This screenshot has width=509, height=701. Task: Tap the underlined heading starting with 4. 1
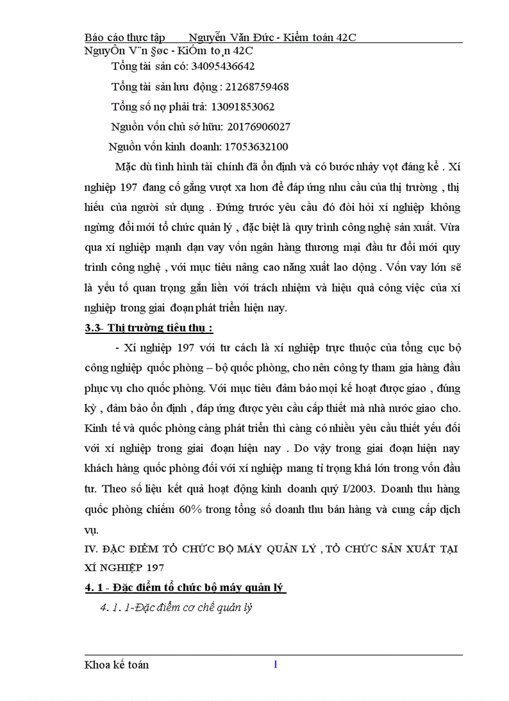[x=185, y=587]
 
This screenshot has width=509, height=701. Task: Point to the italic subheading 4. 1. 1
[x=176, y=607]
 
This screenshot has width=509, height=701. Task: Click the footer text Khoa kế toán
[x=117, y=665]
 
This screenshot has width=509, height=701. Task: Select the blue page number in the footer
[x=275, y=664]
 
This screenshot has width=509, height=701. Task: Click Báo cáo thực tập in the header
[x=125, y=37]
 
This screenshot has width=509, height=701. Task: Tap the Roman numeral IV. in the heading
[x=91, y=549]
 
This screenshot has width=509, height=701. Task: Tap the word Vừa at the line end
[x=450, y=227]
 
